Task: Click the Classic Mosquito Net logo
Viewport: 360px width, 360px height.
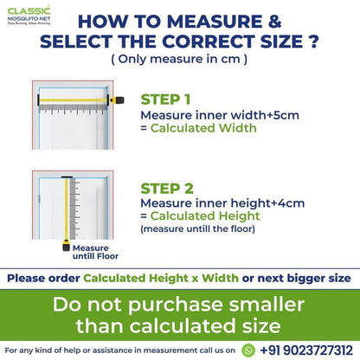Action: (29, 16)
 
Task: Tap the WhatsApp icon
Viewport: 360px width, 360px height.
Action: (248, 350)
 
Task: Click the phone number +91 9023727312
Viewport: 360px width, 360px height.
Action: (306, 350)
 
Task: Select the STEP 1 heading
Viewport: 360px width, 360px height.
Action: (165, 100)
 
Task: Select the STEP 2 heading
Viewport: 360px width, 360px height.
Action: (167, 189)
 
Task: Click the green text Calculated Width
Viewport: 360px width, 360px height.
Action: (203, 128)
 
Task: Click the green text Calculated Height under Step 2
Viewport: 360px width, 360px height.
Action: (205, 216)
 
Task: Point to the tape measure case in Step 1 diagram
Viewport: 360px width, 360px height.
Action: (117, 100)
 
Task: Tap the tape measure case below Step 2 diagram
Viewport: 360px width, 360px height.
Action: (67, 246)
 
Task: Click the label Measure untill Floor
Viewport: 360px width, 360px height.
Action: (95, 252)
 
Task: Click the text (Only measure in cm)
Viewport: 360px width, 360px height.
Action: (179, 59)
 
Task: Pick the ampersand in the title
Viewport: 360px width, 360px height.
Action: (274, 22)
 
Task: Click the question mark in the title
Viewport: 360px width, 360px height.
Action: (313, 41)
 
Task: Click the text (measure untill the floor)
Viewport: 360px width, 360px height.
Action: (198, 229)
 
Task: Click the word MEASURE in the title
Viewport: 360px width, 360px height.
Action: (215, 22)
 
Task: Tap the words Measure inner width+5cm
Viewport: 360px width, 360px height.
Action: (220, 115)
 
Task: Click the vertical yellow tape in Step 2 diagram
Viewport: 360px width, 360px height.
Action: (67, 209)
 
